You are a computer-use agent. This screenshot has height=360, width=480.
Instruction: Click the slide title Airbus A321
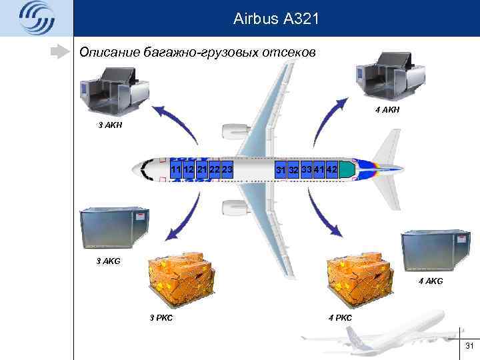point(277,20)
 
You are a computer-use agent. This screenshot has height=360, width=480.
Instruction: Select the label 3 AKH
point(110,125)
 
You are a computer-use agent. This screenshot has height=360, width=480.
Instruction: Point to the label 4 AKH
point(387,109)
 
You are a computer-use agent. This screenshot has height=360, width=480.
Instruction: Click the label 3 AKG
point(109,261)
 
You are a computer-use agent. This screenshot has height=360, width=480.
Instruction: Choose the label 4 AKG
point(431,282)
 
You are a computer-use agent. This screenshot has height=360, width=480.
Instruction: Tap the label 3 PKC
point(161,317)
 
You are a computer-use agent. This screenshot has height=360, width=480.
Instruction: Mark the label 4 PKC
point(340,317)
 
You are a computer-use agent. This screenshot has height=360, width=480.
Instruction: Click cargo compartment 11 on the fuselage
point(177,170)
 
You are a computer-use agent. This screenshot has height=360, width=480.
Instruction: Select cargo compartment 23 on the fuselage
point(227,170)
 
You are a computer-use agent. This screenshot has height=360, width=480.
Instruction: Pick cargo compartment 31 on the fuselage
point(281,170)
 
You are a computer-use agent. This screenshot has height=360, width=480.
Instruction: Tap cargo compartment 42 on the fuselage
point(332,169)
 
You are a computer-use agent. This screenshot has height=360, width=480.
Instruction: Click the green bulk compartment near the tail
point(346,169)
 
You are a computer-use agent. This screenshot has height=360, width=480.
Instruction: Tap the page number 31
point(468,345)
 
